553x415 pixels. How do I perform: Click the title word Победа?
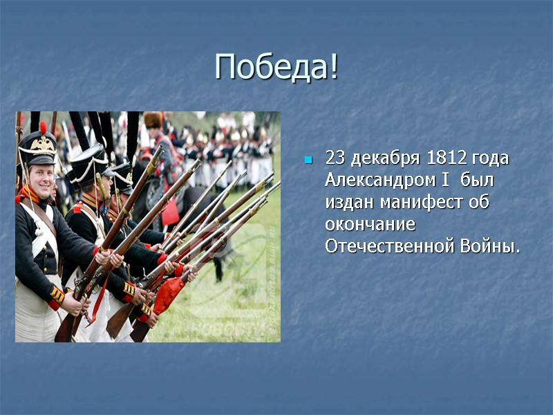[x=276, y=67]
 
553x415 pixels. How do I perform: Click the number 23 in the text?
[x=335, y=158]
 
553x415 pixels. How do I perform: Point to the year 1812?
[x=448, y=158]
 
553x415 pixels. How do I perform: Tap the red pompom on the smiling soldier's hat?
[x=43, y=128]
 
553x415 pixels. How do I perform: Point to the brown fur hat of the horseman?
[x=152, y=120]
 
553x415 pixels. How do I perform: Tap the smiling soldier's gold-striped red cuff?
[x=56, y=297]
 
